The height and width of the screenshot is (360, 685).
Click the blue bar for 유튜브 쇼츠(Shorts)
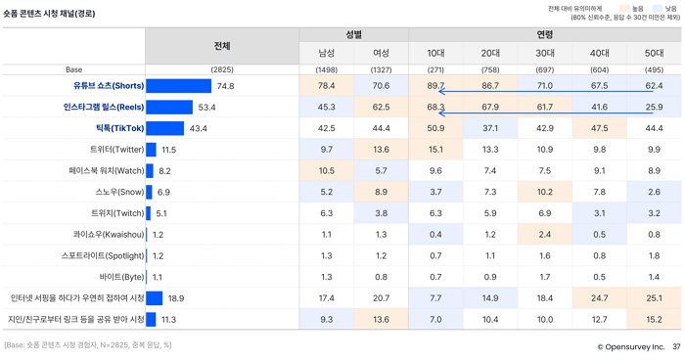pyautogui.click(x=179, y=86)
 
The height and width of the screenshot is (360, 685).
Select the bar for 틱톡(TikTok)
pyautogui.click(x=165, y=128)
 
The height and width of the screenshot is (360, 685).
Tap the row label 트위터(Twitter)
pyautogui.click(x=116, y=150)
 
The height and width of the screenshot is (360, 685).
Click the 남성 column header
pyautogui.click(x=326, y=53)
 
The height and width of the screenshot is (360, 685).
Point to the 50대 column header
pyautogui.click(x=654, y=53)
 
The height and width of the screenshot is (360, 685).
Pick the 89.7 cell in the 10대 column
pyautogui.click(x=435, y=86)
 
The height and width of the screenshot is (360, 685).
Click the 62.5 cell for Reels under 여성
pyautogui.click(x=381, y=107)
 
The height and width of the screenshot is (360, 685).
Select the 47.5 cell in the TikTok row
pyautogui.click(x=599, y=128)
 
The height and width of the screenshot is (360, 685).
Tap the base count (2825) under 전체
pyautogui.click(x=222, y=69)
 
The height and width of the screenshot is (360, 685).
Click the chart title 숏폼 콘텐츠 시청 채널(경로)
pyautogui.click(x=49, y=14)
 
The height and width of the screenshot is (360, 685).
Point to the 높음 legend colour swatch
pyautogui.click(x=624, y=8)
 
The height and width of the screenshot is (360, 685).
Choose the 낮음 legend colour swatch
pyautogui.click(x=657, y=8)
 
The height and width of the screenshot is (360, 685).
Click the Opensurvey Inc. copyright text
pyautogui.click(x=630, y=347)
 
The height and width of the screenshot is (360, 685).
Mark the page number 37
pyautogui.click(x=676, y=347)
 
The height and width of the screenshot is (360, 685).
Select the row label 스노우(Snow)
pyautogui.click(x=119, y=192)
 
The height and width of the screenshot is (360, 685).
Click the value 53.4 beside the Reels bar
pyautogui.click(x=206, y=108)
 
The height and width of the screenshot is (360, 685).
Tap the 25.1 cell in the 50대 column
pyautogui.click(x=654, y=298)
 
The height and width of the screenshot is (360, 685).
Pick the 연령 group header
pyautogui.click(x=545, y=34)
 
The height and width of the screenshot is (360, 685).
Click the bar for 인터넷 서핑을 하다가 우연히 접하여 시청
pyautogui.click(x=155, y=298)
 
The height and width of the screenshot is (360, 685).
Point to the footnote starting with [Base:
pyautogui.click(x=88, y=345)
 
